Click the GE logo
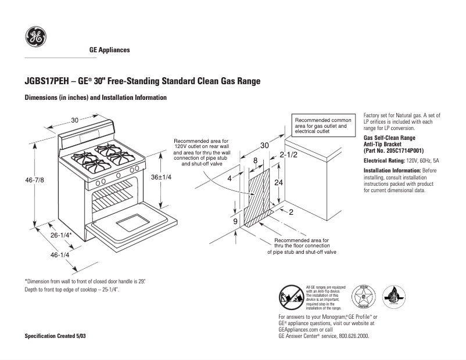click(35, 38)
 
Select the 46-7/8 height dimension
click(34, 181)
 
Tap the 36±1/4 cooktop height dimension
click(161, 177)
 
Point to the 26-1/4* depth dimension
click(60, 235)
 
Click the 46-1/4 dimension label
click(60, 255)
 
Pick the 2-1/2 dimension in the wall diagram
click(288, 155)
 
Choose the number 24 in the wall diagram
click(279, 182)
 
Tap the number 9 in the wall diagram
click(235, 222)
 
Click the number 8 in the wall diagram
click(255, 160)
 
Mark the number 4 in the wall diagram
click(230, 178)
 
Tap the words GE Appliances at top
click(109, 50)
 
